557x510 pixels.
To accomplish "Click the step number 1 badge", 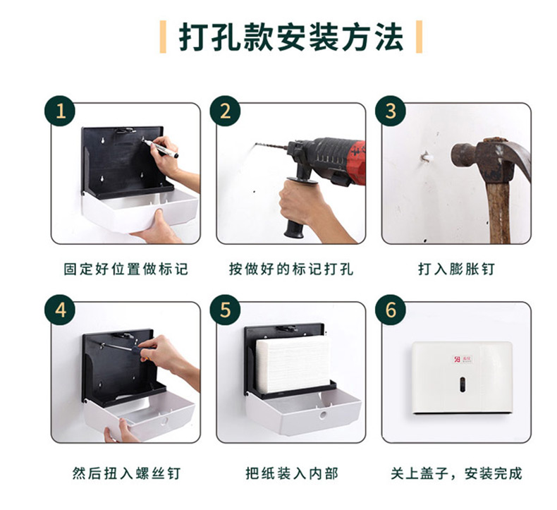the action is (x=60, y=111).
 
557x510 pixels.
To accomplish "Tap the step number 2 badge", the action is (x=225, y=111).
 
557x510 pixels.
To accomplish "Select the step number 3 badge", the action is (x=391, y=111).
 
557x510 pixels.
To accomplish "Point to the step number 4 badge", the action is (x=60, y=310).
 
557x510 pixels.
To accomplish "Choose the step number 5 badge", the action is (x=225, y=310).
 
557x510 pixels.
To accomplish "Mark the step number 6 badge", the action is (x=391, y=310).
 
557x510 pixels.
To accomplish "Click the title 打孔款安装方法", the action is (x=291, y=37).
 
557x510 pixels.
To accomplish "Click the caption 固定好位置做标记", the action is (x=126, y=269).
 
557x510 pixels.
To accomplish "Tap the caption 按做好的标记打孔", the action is (x=291, y=269).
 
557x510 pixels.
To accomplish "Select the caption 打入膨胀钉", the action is (x=456, y=269).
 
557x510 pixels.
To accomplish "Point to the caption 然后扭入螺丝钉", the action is (x=126, y=473).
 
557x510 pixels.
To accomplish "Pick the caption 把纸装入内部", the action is (x=292, y=473).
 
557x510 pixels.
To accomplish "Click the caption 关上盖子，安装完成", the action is (x=456, y=473).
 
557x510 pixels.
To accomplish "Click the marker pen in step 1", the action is (x=161, y=149).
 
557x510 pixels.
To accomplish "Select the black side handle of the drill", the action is (x=295, y=210).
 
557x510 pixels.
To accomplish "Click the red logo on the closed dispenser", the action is (x=456, y=359).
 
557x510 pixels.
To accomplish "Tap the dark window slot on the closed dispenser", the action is (x=463, y=384).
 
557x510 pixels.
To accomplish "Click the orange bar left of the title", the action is (x=163, y=37).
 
